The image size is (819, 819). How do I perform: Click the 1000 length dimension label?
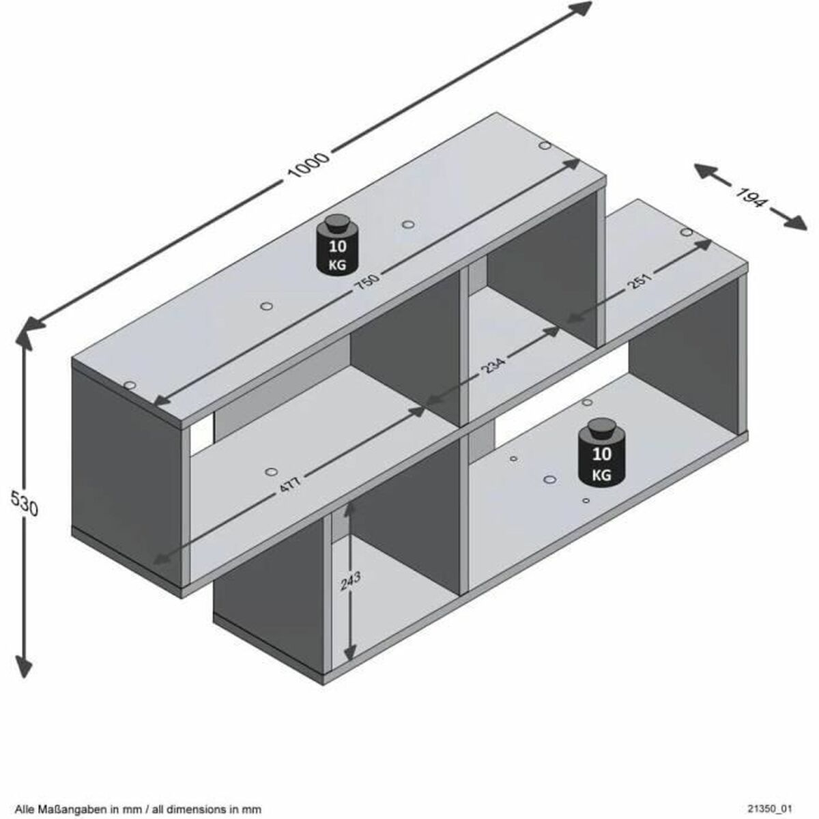coord(309,166)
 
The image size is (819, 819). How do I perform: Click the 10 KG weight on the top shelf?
coord(336,246)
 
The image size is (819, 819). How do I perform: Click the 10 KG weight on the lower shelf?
coord(601,454)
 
